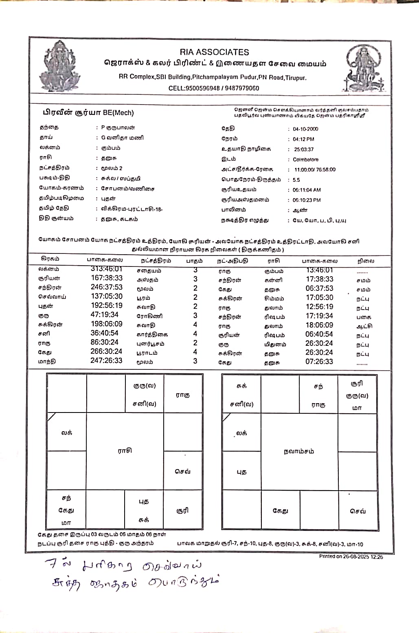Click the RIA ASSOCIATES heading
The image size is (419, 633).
[214, 52]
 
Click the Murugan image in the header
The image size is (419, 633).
[363, 68]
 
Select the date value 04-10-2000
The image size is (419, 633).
[305, 129]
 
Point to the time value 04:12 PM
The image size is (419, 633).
[303, 139]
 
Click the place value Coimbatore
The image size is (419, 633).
[305, 159]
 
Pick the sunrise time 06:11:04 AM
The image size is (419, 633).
[307, 190]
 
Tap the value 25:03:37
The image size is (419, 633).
[304, 149]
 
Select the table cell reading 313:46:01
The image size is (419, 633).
[107, 269]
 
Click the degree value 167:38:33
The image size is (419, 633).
[107, 278]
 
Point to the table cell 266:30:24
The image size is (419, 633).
[106, 351]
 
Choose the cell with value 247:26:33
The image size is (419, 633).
[106, 360]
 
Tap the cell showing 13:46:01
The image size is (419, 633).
[320, 270]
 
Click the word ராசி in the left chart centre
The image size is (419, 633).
[125, 451]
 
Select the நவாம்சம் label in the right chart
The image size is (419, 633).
[299, 451]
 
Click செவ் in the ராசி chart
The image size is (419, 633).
[182, 471]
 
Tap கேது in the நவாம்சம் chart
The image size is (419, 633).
[280, 511]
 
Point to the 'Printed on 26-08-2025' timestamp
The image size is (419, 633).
[351, 557]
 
